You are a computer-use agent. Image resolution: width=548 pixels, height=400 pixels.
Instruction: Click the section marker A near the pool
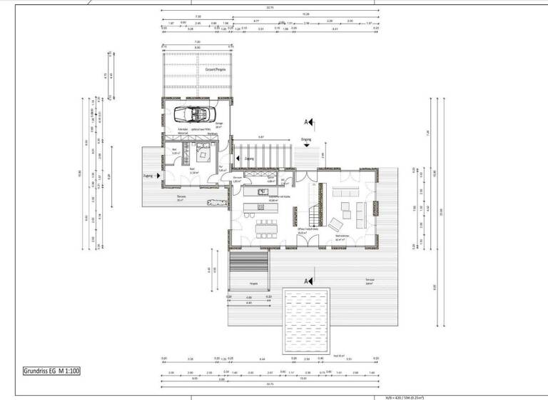(307, 281)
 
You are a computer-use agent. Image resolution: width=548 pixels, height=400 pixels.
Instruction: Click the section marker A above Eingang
(307, 122)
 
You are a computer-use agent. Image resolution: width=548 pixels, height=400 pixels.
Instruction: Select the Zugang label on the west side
(148, 174)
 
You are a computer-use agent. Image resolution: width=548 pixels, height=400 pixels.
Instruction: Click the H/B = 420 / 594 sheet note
(400, 396)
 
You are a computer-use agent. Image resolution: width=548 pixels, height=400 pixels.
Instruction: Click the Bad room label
(176, 151)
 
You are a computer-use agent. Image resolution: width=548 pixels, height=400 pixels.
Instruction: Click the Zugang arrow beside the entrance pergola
(240, 159)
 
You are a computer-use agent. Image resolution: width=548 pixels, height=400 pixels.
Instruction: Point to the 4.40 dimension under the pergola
(249, 304)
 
